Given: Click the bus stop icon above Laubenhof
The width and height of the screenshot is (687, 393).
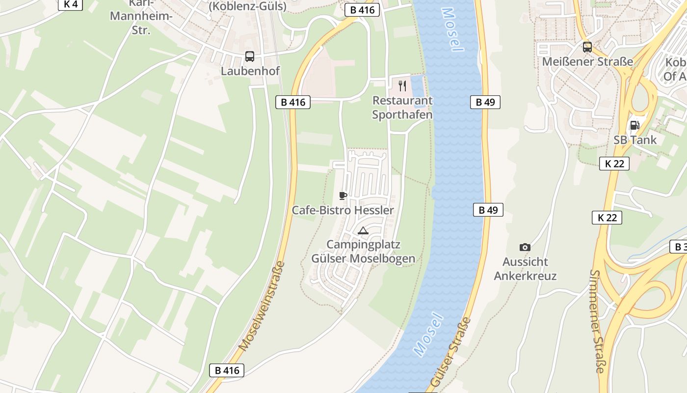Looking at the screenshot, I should click(x=250, y=56).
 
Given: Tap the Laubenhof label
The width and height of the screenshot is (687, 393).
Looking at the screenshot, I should click(x=250, y=71).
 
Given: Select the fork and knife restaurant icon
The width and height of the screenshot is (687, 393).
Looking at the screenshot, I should click(x=402, y=86).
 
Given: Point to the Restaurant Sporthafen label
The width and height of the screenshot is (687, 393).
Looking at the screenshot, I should click(x=402, y=108).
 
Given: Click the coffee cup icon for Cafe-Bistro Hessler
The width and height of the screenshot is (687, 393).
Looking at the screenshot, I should click(x=343, y=196).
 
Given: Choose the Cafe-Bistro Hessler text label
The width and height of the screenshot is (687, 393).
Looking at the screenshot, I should click(x=343, y=211).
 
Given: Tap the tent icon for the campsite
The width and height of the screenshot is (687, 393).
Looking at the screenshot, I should click(x=363, y=230).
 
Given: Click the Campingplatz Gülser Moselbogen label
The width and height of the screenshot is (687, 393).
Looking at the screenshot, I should click(x=363, y=252).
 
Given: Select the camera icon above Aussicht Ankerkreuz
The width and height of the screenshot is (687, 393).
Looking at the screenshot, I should click(x=525, y=247).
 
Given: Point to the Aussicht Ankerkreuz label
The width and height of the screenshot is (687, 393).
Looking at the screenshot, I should click(x=525, y=269).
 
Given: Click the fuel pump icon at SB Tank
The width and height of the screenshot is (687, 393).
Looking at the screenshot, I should click(x=634, y=125).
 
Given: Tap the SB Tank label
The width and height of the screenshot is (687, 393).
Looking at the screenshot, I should click(x=635, y=140).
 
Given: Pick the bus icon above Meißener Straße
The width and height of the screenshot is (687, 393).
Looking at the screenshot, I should click(x=587, y=47).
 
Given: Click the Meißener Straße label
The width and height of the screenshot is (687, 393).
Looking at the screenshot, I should click(x=587, y=62).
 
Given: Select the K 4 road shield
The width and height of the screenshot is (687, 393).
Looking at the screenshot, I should click(x=71, y=4).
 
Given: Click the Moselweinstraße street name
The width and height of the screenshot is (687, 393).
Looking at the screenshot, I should click(x=262, y=307).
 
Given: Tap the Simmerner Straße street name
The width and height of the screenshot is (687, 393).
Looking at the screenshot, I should click(x=598, y=321).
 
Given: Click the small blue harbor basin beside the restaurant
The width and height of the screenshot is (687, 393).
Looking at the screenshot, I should click(x=418, y=91).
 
